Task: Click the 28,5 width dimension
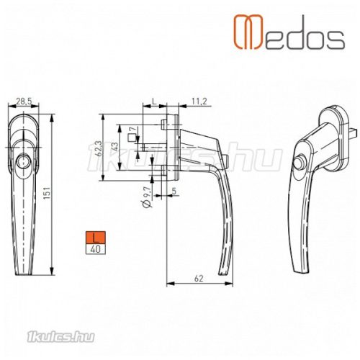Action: (24, 102)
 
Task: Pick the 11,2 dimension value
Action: (199, 102)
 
